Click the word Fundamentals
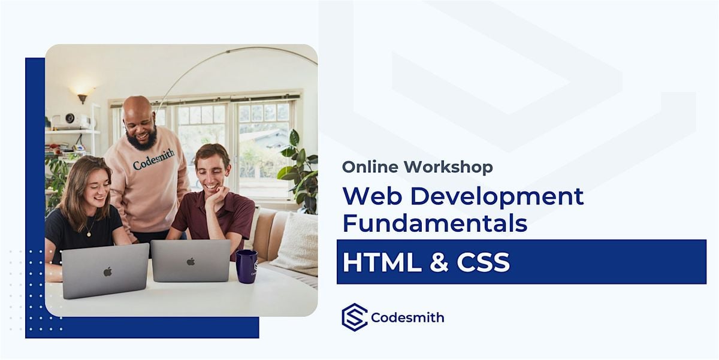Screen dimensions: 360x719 coord(434,223)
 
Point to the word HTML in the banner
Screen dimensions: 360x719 coord(380,262)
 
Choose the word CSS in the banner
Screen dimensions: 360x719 coord(483,262)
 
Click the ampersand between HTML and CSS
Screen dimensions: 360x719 coord(439,262)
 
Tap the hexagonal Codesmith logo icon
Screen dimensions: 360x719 coord(354,317)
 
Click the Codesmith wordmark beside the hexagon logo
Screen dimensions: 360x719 coord(407,317)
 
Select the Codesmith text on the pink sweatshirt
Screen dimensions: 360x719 coord(154,159)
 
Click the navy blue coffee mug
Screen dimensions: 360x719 coord(246,266)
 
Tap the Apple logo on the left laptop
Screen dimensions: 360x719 coord(107,271)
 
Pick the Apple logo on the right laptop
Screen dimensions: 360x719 coord(191,261)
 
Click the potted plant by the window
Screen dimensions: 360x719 coord(299,168)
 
